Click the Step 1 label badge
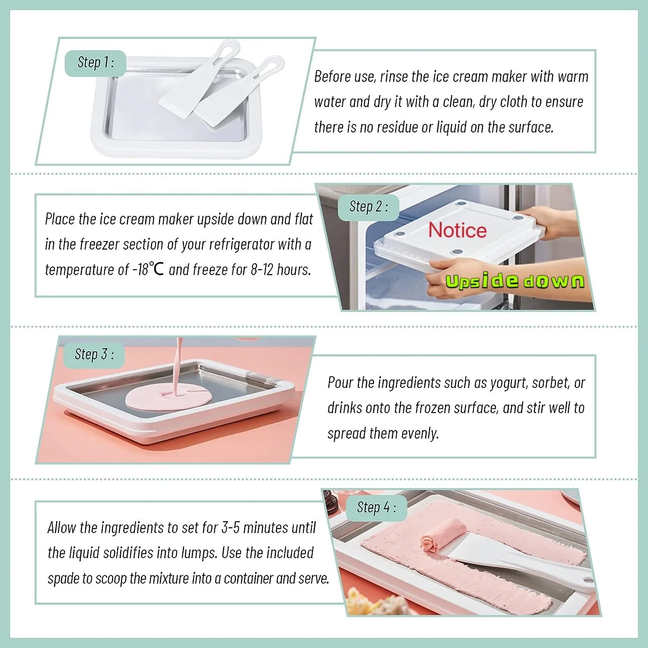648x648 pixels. pyautogui.click(x=95, y=63)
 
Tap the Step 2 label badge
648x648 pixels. pyautogui.click(x=368, y=207)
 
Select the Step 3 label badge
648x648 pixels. pyautogui.click(x=94, y=355)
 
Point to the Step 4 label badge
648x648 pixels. pyautogui.click(x=377, y=508)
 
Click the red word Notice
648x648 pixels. pyautogui.click(x=457, y=230)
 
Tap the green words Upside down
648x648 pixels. pyautogui.click(x=515, y=281)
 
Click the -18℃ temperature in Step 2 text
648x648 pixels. pyautogui.click(x=148, y=270)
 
